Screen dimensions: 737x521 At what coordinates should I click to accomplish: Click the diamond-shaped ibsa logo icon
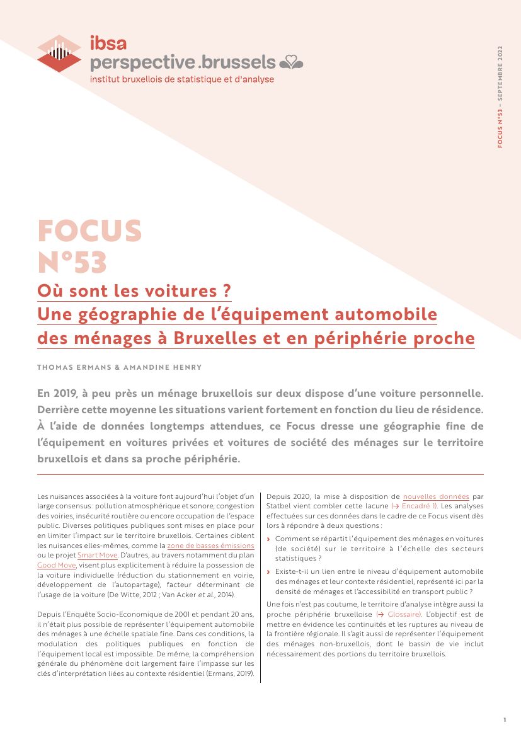coord(59,53)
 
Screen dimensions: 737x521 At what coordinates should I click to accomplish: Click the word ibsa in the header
coord(108,43)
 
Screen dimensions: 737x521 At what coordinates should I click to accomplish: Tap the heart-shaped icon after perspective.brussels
coord(291,62)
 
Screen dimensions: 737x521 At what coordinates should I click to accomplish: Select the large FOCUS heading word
coord(89,231)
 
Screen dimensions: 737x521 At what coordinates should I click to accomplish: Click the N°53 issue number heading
coord(72,262)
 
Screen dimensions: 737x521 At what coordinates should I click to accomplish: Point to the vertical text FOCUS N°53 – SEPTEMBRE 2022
coord(500,97)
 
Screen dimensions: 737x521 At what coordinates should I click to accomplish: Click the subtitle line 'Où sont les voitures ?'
coord(134,292)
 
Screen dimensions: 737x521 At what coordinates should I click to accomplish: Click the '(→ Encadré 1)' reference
coord(415,506)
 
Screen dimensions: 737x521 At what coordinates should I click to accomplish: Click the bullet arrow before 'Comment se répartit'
coord(269,539)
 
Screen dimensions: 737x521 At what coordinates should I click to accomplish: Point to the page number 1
coord(505,719)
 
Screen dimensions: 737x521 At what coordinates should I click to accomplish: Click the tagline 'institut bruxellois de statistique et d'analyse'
coord(182,79)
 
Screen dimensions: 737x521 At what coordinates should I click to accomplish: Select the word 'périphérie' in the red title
coord(354,338)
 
